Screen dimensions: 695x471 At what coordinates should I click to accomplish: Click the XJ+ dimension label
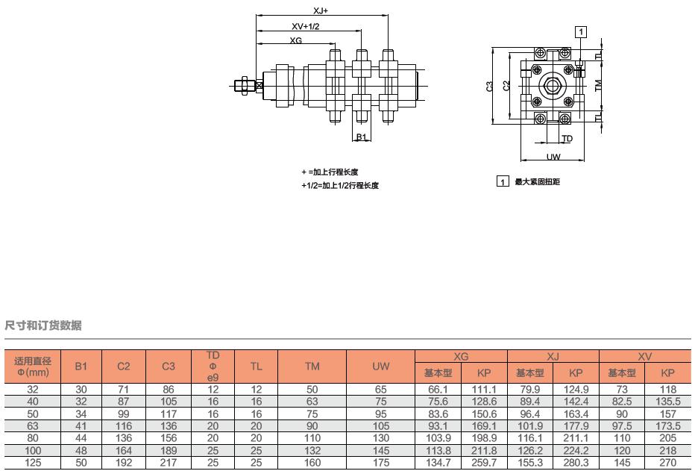coord(321,10)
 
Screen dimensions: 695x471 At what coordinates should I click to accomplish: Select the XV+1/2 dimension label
coord(306,26)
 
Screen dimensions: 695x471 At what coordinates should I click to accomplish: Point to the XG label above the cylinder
coord(295,40)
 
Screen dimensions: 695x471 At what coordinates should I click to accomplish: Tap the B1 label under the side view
coord(361,137)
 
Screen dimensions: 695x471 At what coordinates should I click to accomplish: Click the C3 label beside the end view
coord(489,86)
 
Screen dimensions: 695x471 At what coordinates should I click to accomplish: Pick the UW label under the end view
coord(553,157)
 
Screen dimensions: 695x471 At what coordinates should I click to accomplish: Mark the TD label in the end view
coord(567,139)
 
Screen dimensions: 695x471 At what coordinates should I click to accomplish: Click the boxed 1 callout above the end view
coord(581,32)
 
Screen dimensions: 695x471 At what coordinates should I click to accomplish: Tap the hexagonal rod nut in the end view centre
coord(551,85)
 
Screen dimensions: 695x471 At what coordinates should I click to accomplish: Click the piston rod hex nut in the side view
coord(243,85)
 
